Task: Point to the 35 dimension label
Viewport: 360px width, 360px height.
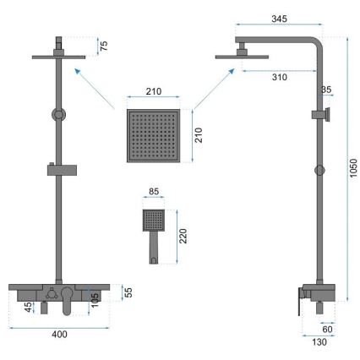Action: [x=327, y=90]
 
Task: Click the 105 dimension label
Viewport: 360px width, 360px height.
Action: [x=95, y=301]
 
